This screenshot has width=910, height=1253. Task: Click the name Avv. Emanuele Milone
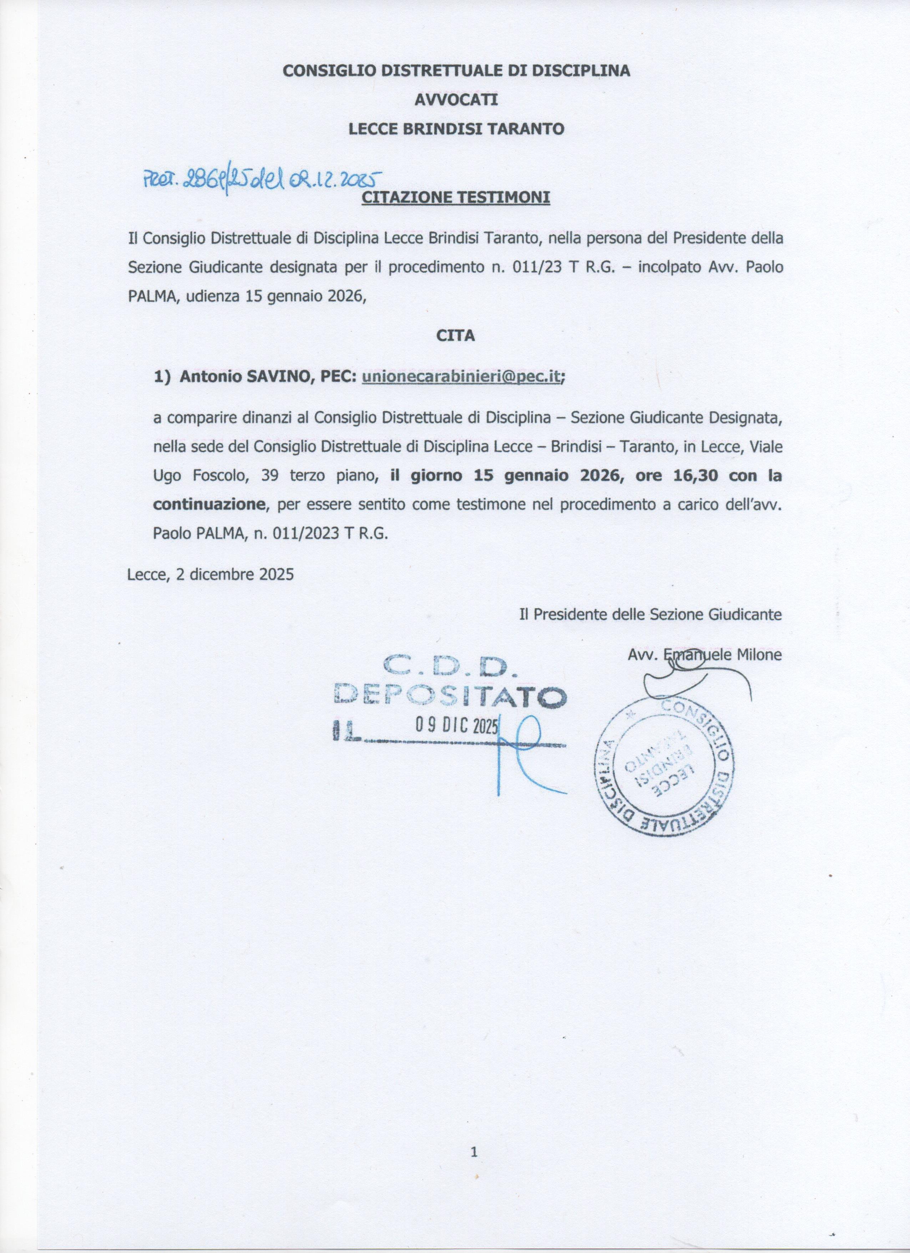coord(704,655)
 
